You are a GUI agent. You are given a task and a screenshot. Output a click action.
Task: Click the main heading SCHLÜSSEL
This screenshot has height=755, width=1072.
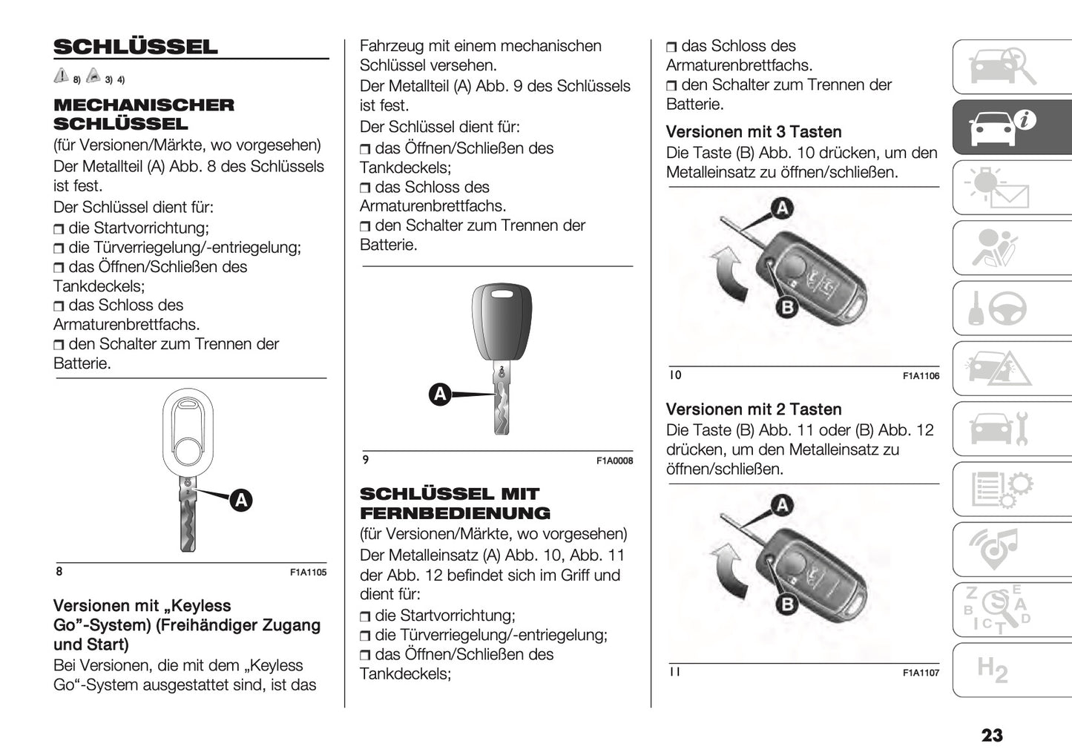coord(136,47)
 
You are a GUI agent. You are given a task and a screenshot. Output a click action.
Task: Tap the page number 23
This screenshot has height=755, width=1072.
coord(991,735)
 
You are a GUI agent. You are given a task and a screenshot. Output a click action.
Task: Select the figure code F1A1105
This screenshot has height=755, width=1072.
coord(308,573)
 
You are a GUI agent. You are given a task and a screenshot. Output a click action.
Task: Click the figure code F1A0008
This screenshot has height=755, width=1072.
coord(614,461)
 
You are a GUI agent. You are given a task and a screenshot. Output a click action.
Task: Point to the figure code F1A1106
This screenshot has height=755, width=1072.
coord(921,376)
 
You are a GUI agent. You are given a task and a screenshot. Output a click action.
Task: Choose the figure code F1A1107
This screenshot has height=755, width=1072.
coord(921,673)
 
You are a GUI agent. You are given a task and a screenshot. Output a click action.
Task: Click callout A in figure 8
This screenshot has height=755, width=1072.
coord(241,501)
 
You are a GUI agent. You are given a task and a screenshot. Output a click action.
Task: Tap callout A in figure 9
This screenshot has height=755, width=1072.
coord(441,394)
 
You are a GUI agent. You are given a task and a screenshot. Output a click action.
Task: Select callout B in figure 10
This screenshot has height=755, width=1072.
coord(786,307)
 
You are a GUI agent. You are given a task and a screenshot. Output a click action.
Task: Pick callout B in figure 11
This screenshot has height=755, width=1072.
coord(786,604)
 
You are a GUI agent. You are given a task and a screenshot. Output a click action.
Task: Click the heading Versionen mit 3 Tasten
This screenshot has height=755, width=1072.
coord(754,132)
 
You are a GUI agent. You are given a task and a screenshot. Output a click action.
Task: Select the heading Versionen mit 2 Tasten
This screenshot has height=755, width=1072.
coord(754,409)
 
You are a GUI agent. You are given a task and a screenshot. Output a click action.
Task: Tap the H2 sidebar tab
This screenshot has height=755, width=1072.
coord(992,670)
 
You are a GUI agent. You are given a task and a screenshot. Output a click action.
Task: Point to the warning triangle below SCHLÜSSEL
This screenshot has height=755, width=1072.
coord(61,76)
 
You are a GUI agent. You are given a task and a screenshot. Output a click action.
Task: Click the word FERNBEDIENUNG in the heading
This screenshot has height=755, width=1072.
coord(455,513)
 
